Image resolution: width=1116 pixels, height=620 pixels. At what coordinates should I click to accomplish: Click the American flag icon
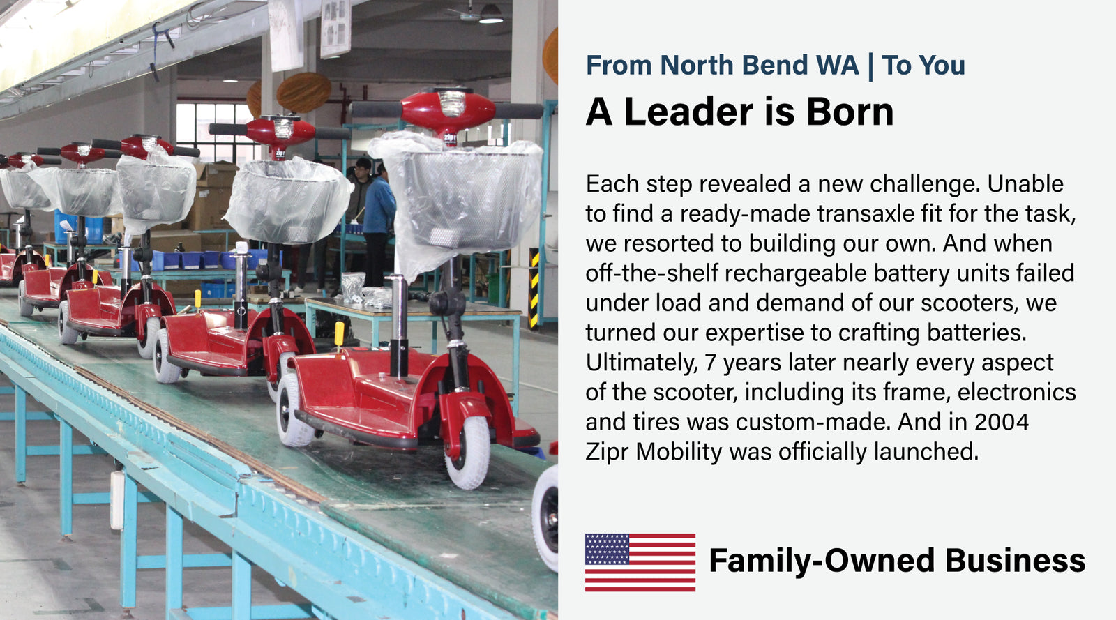[x=640, y=562]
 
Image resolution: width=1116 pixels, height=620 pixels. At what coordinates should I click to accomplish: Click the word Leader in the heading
[x=688, y=112]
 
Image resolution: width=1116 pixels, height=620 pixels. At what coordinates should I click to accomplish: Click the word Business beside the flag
[x=1015, y=560]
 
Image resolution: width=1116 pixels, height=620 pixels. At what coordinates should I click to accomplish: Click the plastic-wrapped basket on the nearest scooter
[x=460, y=199]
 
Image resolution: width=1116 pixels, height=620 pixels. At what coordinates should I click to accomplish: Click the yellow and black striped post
[x=534, y=289]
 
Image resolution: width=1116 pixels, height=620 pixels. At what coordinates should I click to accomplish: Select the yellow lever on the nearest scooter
[x=339, y=334]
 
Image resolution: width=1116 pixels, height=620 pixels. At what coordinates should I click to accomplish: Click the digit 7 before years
[x=711, y=363]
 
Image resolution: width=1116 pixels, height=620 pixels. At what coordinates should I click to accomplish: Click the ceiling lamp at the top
[x=491, y=14]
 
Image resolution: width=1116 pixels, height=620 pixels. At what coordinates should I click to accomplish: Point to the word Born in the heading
[x=850, y=112]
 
